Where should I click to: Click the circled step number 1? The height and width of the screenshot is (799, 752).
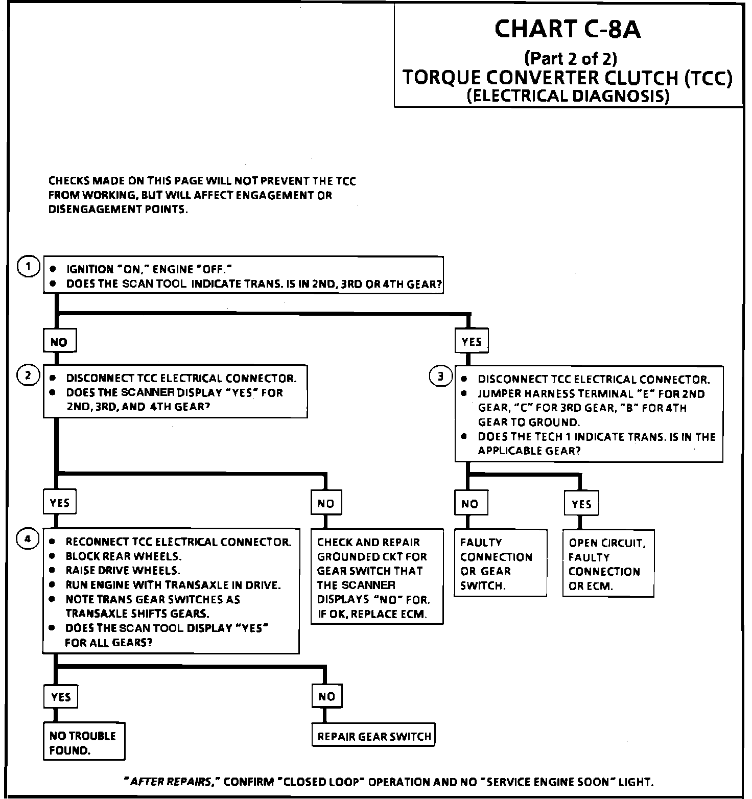pyautogui.click(x=29, y=267)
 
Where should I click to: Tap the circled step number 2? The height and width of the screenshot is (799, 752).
pyautogui.click(x=29, y=376)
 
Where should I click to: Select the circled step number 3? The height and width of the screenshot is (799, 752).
pyautogui.click(x=441, y=377)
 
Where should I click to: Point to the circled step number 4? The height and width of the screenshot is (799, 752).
pyautogui.click(x=29, y=539)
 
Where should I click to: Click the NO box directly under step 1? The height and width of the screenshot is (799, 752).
pyautogui.click(x=59, y=342)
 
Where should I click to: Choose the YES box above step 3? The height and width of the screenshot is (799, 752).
pyautogui.click(x=471, y=341)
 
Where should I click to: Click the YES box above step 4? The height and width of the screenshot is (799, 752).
pyautogui.click(x=59, y=503)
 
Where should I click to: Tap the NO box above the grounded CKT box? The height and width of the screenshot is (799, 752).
pyautogui.click(x=326, y=503)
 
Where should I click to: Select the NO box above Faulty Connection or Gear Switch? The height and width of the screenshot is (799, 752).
pyautogui.click(x=469, y=504)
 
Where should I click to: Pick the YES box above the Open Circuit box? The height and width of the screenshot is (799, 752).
pyautogui.click(x=581, y=504)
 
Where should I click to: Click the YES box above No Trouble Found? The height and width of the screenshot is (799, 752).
pyautogui.click(x=61, y=697)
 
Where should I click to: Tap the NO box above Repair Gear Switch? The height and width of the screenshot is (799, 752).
pyautogui.click(x=326, y=696)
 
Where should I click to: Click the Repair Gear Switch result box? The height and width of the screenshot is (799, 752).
pyautogui.click(x=374, y=736)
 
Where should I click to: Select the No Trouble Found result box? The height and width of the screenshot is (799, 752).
pyautogui.click(x=83, y=742)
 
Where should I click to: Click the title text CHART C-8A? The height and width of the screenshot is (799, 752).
pyautogui.click(x=567, y=29)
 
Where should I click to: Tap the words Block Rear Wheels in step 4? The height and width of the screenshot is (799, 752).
pyautogui.click(x=123, y=556)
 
